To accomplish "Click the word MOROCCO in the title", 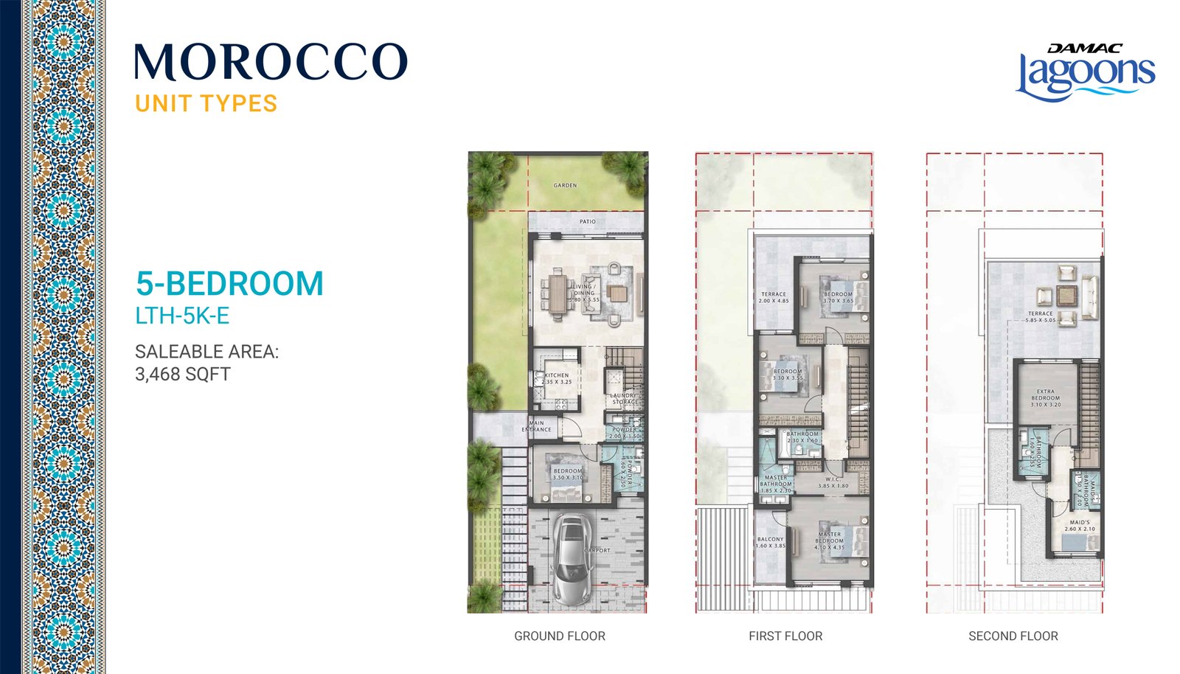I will click(x=271, y=62).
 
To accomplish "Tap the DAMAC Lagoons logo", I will click(x=1085, y=72).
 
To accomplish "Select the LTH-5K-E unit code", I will click(x=182, y=316).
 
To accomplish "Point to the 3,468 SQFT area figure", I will click(x=183, y=374).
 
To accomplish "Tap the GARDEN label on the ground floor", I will click(x=565, y=185).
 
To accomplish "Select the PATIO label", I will click(x=587, y=221).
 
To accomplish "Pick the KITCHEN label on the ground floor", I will click(x=557, y=375).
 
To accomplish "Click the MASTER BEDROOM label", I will click(x=830, y=538).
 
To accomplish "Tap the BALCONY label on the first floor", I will click(x=771, y=539).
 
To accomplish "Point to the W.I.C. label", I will click(x=833, y=479).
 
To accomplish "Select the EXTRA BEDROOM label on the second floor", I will click(x=1046, y=395).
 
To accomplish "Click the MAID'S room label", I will click(x=1080, y=522).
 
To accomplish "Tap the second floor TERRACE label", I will click(x=1040, y=313).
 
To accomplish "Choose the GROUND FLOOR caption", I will click(x=559, y=636).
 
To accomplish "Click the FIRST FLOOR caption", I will click(x=785, y=636).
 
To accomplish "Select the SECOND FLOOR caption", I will click(x=1013, y=636).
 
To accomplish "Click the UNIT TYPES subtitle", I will click(x=206, y=104).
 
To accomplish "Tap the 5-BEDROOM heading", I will click(x=229, y=284).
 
